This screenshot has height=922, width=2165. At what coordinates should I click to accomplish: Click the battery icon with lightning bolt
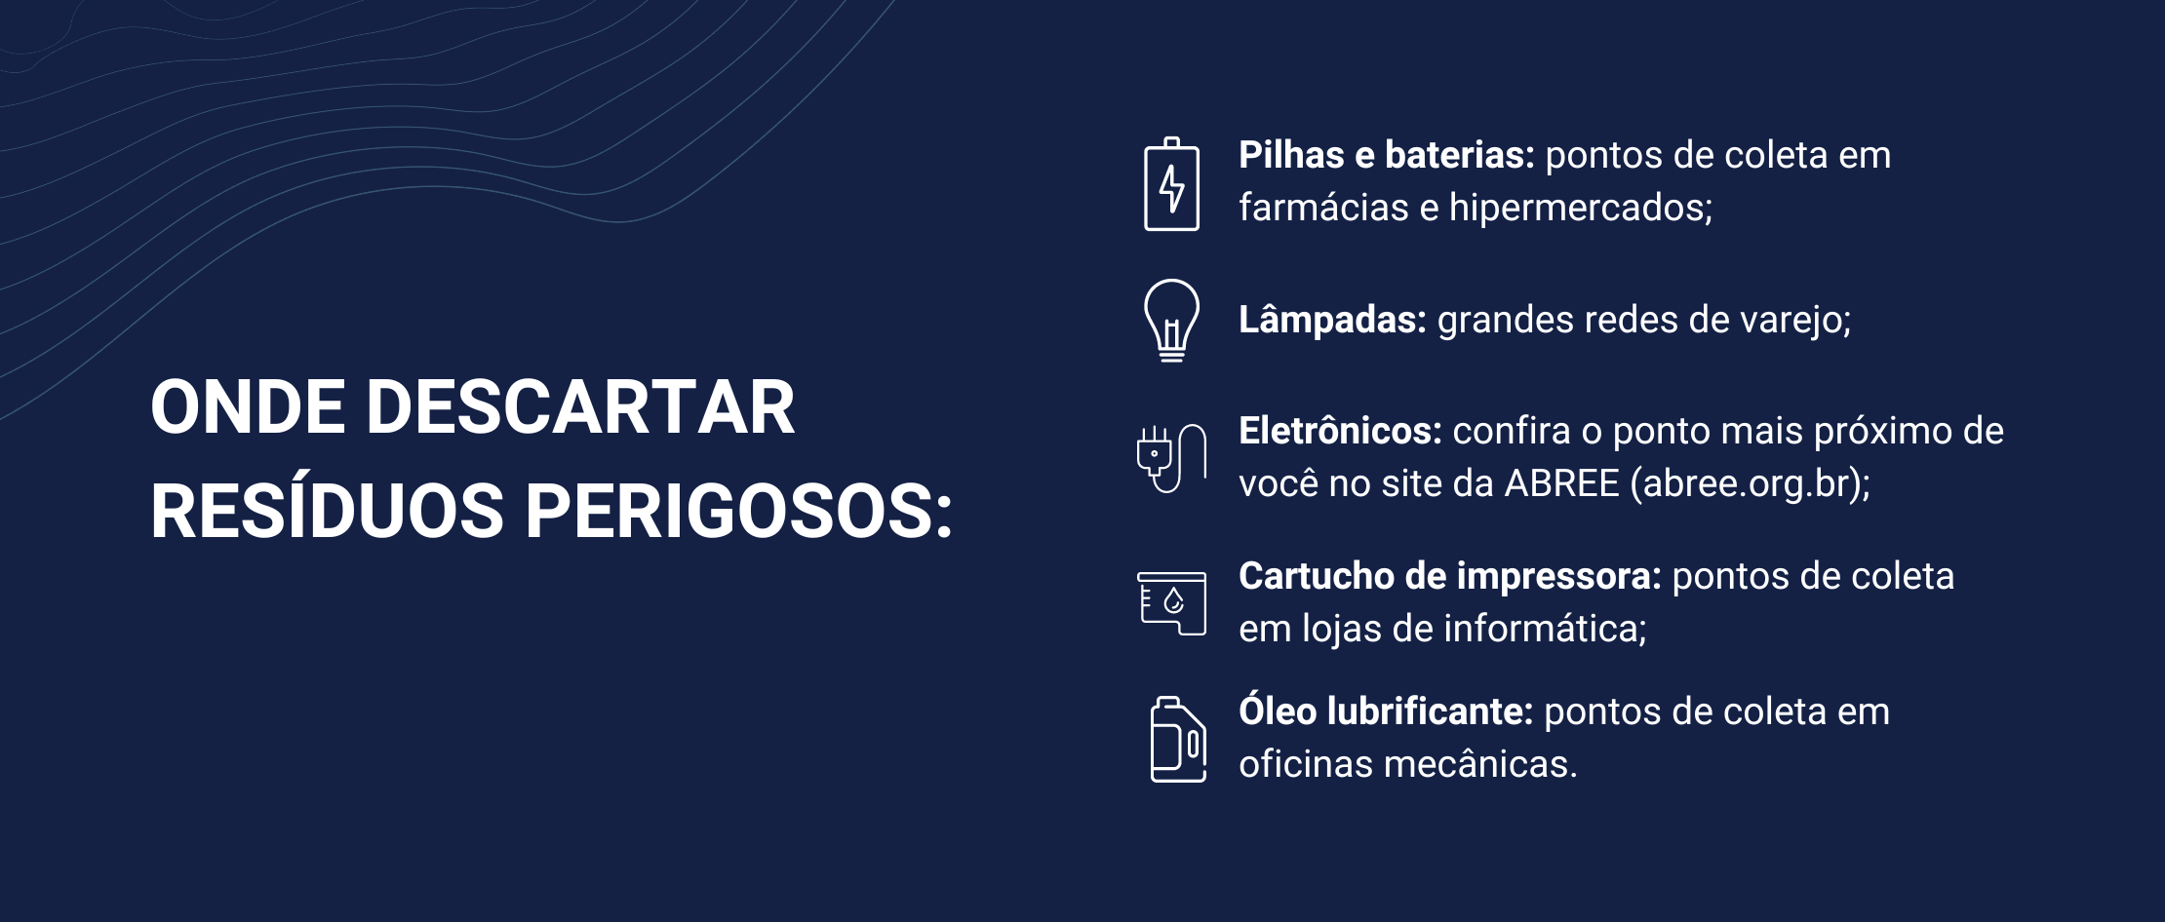(1171, 184)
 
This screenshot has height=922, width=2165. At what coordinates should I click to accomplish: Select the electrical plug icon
(1171, 458)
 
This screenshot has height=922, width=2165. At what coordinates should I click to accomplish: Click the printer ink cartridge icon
(1171, 603)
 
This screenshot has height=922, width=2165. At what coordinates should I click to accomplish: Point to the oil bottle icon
(1178, 739)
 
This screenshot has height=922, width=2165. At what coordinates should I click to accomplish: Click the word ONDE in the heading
(248, 407)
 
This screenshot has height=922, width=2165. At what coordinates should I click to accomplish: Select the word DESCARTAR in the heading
(580, 407)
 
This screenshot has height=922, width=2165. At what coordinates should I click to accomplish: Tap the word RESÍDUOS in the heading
(327, 511)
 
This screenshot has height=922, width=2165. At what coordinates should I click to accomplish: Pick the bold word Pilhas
(1291, 155)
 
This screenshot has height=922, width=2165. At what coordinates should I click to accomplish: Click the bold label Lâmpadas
(1332, 320)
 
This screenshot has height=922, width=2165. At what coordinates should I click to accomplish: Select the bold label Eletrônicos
(1340, 431)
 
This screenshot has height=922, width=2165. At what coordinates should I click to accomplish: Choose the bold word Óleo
(1278, 711)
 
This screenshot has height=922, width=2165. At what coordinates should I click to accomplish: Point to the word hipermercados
(1580, 209)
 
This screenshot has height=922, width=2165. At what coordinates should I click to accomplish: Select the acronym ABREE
(1561, 483)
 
